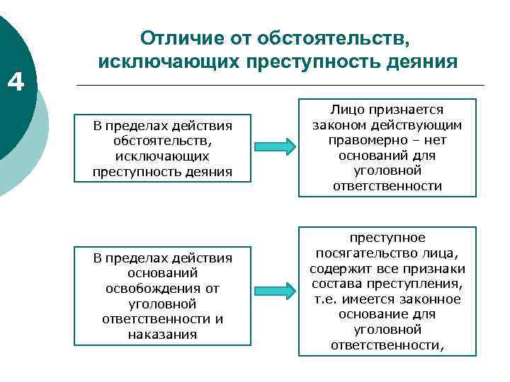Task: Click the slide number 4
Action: (16, 84)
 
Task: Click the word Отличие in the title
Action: (180, 37)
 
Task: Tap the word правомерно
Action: (359, 139)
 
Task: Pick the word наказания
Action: (162, 334)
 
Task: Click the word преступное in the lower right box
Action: (387, 238)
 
